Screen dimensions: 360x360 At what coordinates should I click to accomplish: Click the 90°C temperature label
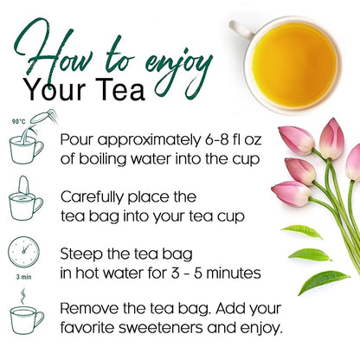click(x=16, y=122)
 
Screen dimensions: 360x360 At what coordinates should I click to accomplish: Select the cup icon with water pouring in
click(x=27, y=145)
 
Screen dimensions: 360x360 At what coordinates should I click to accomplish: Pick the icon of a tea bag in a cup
click(x=26, y=200)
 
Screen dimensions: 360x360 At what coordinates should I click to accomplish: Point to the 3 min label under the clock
click(x=23, y=278)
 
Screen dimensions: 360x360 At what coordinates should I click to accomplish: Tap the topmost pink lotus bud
click(x=331, y=137)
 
